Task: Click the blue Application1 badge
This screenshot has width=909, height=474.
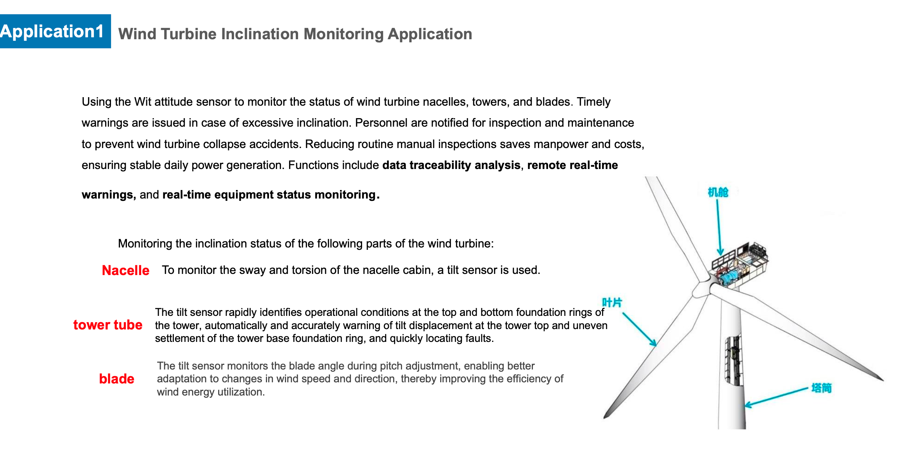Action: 55,31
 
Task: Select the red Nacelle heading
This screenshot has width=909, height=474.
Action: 125,270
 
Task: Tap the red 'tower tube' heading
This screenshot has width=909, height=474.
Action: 108,325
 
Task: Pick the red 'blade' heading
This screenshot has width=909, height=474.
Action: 116,379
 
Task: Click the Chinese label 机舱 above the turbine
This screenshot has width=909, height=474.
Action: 718,192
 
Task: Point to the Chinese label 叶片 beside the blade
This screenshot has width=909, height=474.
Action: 612,302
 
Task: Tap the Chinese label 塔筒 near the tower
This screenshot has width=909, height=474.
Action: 821,388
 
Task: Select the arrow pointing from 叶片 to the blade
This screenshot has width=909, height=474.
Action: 640,329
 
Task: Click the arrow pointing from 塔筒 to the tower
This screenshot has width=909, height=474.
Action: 776,397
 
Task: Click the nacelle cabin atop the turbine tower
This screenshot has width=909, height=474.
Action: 739,264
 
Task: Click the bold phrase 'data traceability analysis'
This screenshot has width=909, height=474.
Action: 451,166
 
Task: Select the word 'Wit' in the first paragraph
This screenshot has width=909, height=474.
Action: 142,102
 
